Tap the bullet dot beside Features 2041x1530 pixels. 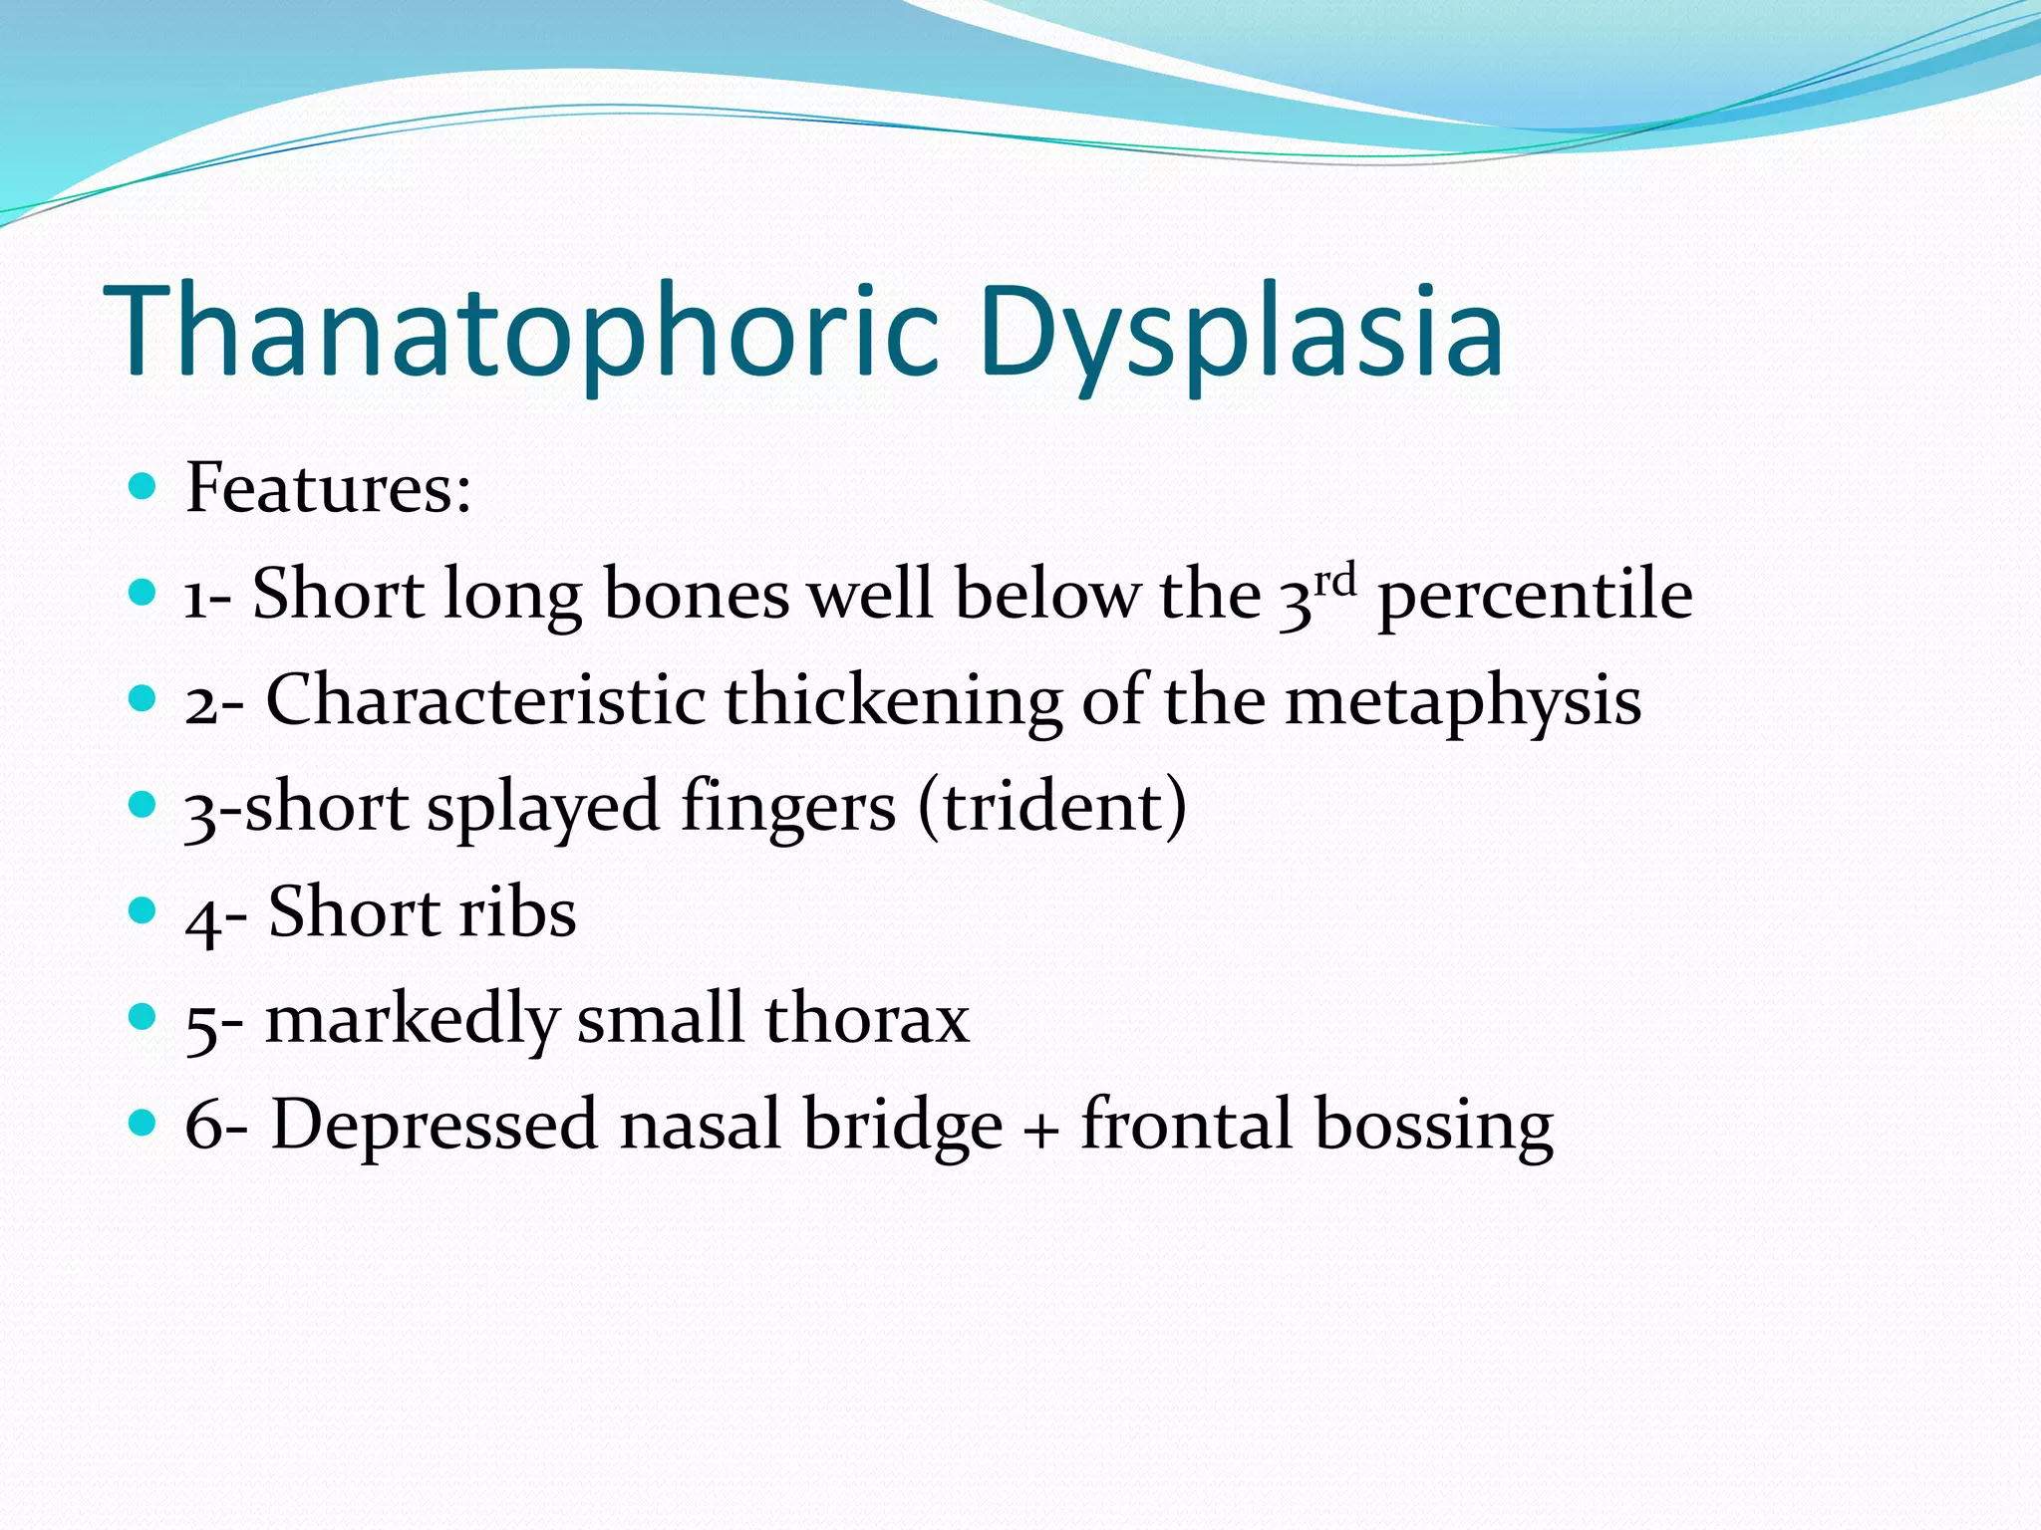(x=144, y=486)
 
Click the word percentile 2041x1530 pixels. (x=1535, y=596)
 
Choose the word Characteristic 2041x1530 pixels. (x=485, y=700)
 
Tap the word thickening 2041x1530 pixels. (x=893, y=700)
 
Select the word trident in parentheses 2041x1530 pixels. (x=1052, y=807)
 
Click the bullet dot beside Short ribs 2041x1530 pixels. (x=144, y=910)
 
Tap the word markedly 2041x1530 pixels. (x=412, y=1020)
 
